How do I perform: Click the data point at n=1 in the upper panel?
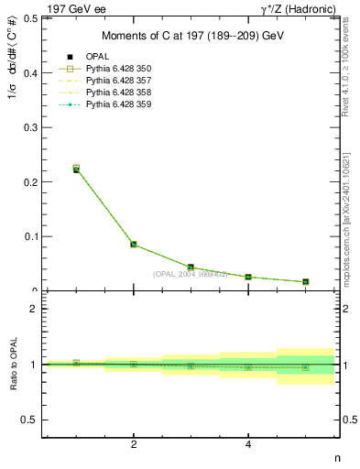point(76,169)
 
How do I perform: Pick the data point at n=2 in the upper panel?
point(134,245)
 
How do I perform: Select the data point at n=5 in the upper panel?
point(305,281)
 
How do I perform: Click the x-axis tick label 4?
point(248,444)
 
